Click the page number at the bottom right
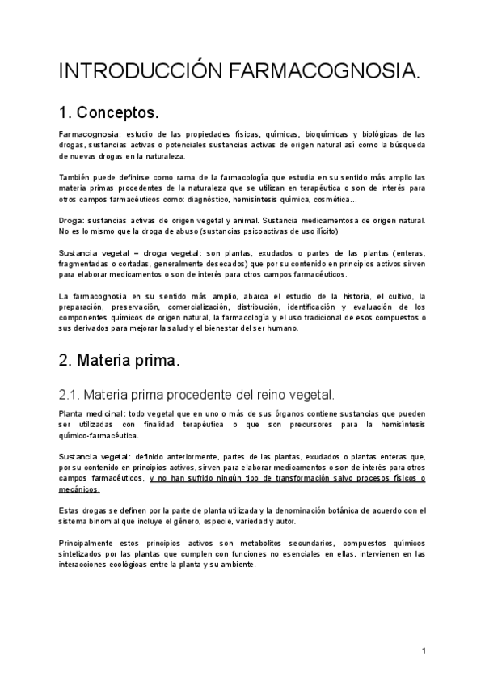[424, 650]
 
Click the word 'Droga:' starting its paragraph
[72, 220]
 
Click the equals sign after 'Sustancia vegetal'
[124, 253]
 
